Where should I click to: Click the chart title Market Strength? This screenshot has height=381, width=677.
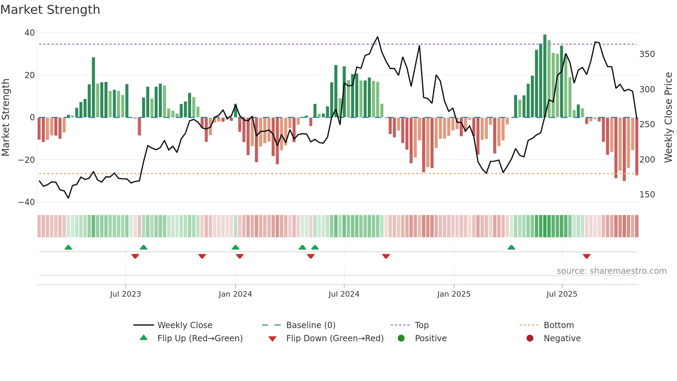(50, 10)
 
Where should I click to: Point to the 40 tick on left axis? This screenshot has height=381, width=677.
(30, 33)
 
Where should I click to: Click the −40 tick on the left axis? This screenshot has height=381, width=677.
(27, 202)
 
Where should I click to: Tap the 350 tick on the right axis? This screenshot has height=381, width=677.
(647, 54)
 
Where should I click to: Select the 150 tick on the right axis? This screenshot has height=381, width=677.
(647, 195)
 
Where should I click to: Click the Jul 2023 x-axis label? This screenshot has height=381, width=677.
(125, 294)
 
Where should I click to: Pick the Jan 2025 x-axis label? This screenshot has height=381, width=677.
(454, 294)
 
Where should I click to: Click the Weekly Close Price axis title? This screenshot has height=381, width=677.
(668, 118)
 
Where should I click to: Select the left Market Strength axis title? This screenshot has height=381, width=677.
(6, 118)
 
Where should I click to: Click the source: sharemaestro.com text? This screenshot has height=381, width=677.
(611, 271)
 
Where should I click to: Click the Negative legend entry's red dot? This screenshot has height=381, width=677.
(530, 338)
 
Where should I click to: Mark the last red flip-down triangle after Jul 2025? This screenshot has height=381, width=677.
(587, 256)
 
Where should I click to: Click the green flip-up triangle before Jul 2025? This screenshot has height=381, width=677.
(511, 247)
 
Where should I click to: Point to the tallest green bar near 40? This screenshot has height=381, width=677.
(545, 76)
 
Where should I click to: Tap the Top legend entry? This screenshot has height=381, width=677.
(421, 325)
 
